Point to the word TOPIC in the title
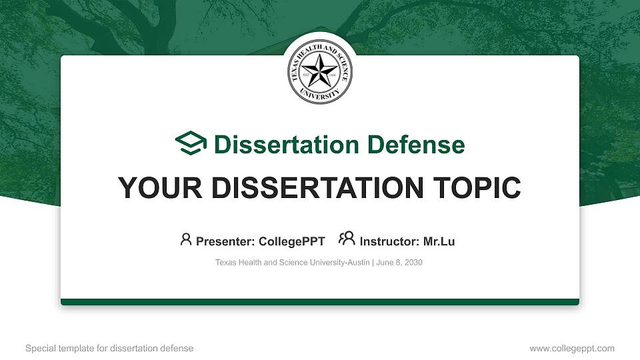(x=482, y=188)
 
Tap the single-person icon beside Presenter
(x=186, y=240)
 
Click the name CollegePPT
(x=294, y=241)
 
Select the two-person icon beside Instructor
(x=347, y=240)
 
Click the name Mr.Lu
(x=439, y=241)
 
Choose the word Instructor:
(x=389, y=241)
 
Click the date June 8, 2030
(x=399, y=263)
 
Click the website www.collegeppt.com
(x=572, y=348)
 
